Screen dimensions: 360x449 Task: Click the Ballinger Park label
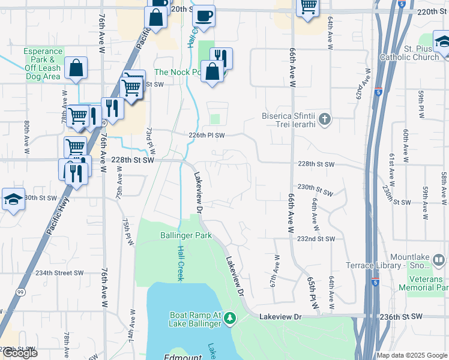point(186,236)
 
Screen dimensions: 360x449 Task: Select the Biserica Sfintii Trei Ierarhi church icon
point(325,118)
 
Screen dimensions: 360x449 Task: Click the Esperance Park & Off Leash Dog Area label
point(43,64)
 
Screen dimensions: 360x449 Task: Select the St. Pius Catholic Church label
point(413,53)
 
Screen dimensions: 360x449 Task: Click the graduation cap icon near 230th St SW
point(13,199)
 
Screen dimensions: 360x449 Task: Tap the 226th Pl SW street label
point(206,136)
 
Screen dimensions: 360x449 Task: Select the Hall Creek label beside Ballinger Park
point(179,263)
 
